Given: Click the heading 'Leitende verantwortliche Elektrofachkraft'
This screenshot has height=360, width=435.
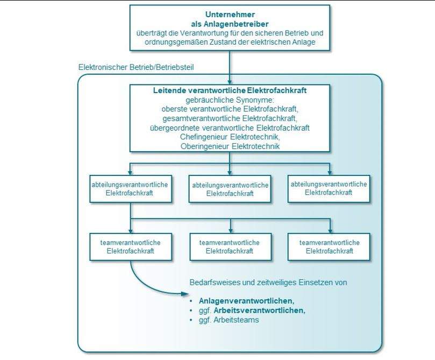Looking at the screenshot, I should point(230,90).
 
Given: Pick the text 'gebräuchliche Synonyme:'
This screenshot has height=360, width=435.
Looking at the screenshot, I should point(230,100).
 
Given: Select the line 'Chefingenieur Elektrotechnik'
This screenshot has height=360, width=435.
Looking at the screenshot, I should point(230,137).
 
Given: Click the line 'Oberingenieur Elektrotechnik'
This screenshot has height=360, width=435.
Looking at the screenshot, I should point(230,146).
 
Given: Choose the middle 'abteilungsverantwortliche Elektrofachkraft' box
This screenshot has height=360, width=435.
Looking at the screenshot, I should point(230,189).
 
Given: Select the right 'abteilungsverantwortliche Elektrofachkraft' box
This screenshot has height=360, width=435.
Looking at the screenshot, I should point(329,188).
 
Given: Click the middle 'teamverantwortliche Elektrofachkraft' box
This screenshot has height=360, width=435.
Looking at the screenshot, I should point(230,246).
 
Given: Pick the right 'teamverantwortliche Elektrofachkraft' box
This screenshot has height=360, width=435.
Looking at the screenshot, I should point(329,246).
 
